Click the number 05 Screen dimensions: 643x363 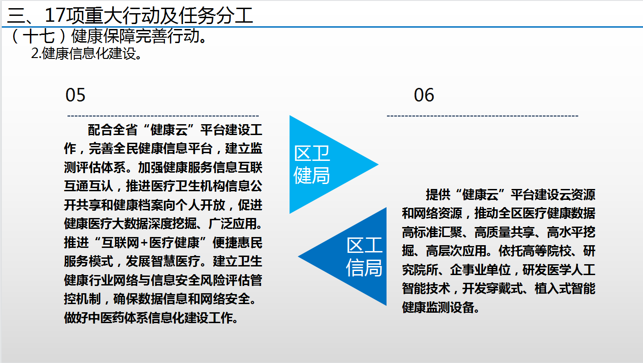[76, 95]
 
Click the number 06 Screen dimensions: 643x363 [424, 95]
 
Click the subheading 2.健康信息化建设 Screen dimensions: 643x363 [87, 53]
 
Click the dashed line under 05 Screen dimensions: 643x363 [163, 116]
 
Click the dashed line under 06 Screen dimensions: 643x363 [483, 116]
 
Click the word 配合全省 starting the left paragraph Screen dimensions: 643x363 [112, 130]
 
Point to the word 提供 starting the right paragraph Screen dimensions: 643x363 [438, 195]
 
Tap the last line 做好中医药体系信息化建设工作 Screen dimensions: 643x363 [151, 318]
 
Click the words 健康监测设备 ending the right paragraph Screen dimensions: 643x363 [438, 308]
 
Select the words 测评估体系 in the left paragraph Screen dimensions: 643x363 [94, 167]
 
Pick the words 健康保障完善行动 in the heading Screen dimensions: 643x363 [135, 36]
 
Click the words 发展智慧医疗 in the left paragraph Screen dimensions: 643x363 [163, 261]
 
